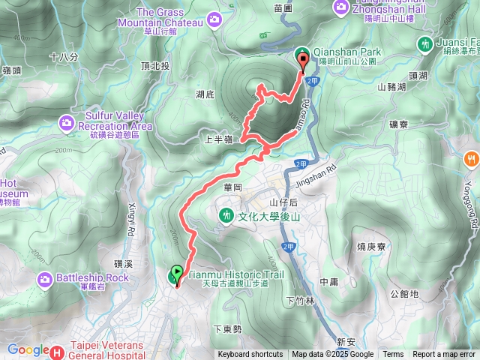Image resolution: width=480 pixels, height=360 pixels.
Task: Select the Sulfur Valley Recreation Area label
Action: (x=115, y=121)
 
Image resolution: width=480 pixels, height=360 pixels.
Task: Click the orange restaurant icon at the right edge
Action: (x=471, y=158)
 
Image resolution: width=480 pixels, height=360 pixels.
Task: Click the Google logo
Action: (x=28, y=349)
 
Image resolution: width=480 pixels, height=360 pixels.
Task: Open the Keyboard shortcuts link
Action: (x=250, y=355)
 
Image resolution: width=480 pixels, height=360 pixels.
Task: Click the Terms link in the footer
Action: (x=393, y=355)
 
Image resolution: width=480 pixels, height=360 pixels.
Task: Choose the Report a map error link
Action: (x=444, y=355)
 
